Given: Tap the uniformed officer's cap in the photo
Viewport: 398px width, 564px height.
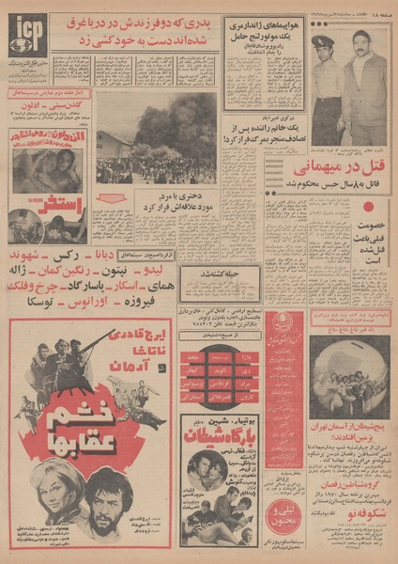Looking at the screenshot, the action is [318, 42].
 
